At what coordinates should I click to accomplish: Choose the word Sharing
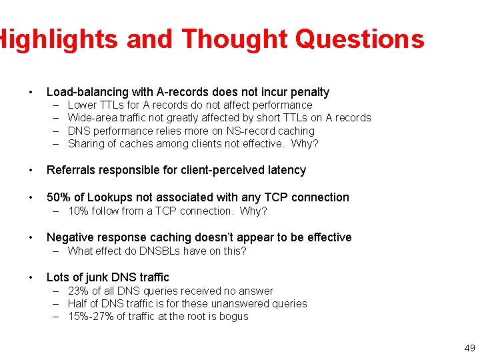click(x=86, y=144)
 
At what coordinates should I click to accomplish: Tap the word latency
click(x=284, y=170)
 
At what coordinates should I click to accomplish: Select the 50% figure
click(x=58, y=197)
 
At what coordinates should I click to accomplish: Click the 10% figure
click(x=79, y=211)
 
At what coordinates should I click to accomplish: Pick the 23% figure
click(x=79, y=291)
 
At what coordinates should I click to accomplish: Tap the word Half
click(x=79, y=304)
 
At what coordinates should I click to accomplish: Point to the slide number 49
click(x=469, y=348)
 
